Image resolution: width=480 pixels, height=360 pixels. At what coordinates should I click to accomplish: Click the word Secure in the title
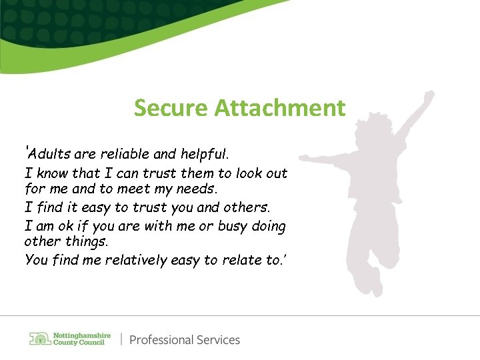tap(171, 107)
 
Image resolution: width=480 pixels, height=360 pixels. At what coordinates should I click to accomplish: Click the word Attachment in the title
tap(280, 107)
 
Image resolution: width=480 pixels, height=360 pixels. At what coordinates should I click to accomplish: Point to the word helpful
tap(205, 155)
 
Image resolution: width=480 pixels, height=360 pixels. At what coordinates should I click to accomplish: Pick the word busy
tap(233, 226)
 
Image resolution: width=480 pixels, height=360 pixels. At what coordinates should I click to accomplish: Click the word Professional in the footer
tap(160, 340)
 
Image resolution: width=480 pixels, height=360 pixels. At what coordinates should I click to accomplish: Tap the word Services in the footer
tap(217, 340)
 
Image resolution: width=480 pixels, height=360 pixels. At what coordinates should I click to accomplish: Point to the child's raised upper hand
tap(427, 98)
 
